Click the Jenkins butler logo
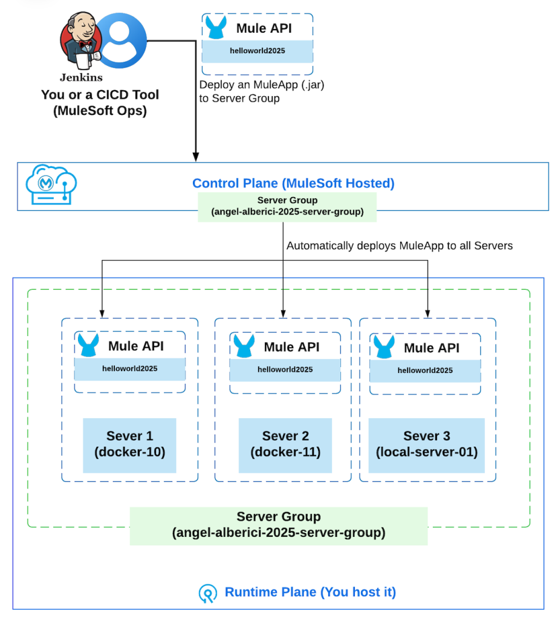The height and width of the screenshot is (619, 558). [x=81, y=42]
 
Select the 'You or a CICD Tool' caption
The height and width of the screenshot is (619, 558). [x=100, y=95]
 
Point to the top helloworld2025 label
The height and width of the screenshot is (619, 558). [x=258, y=51]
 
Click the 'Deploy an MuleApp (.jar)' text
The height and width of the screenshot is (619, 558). [x=261, y=85]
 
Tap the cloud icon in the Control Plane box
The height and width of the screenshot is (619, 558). [x=51, y=184]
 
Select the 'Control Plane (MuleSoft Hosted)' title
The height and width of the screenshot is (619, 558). [x=293, y=183]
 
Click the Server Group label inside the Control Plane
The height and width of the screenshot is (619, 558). [x=287, y=207]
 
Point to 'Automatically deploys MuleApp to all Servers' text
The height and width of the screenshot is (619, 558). [x=400, y=245]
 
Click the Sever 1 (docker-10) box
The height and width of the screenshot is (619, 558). [x=129, y=446]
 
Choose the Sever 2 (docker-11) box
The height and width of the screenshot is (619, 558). [x=285, y=446]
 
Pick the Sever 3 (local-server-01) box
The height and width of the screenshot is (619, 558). [x=426, y=446]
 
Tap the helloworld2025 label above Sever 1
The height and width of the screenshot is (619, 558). [x=130, y=369]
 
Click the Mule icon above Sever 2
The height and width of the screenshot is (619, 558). [x=244, y=346]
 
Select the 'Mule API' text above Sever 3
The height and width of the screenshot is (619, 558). [x=432, y=348]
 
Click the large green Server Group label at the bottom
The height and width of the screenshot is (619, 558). [x=279, y=526]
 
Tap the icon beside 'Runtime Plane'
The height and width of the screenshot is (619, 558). [x=208, y=594]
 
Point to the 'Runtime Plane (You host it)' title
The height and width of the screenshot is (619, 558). [x=310, y=592]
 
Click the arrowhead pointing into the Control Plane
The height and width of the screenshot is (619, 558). [x=195, y=157]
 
